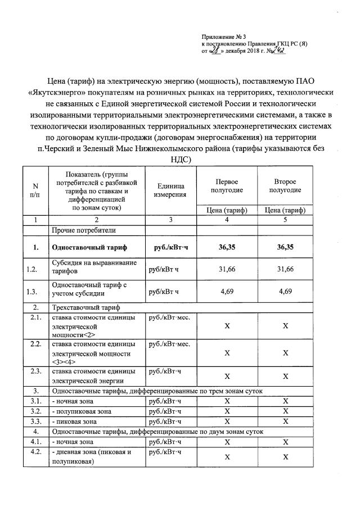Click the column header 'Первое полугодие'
click(227, 186)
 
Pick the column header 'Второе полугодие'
click(285, 186)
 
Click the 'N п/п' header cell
click(36, 190)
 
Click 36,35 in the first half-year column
click(227, 247)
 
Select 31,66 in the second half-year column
click(285, 269)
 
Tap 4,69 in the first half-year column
click(227, 291)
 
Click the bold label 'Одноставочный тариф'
click(89, 247)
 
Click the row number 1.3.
click(31, 291)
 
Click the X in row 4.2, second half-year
click(285, 457)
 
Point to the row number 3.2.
click(35, 411)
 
